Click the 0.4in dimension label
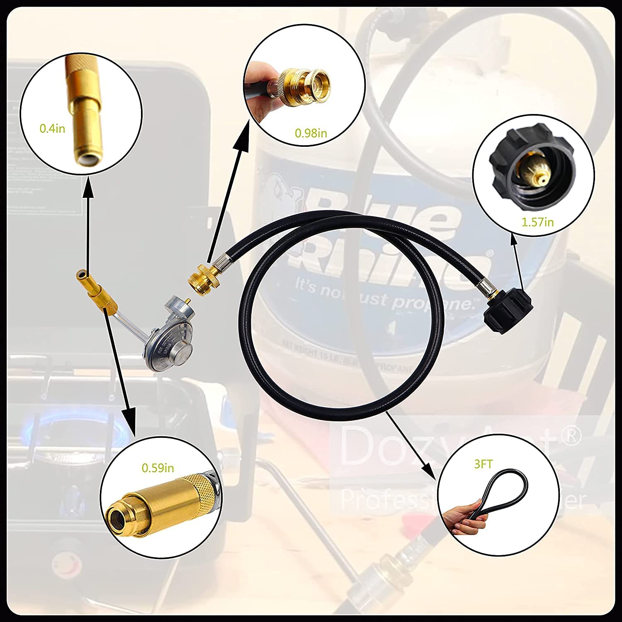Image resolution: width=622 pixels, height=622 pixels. (x=52, y=129)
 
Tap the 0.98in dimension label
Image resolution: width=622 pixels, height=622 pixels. (x=311, y=133)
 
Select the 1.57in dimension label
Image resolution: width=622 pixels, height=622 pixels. (x=537, y=222)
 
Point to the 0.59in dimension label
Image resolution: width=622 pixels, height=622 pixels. (x=158, y=468)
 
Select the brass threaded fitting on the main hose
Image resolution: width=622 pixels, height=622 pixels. (x=198, y=276)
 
